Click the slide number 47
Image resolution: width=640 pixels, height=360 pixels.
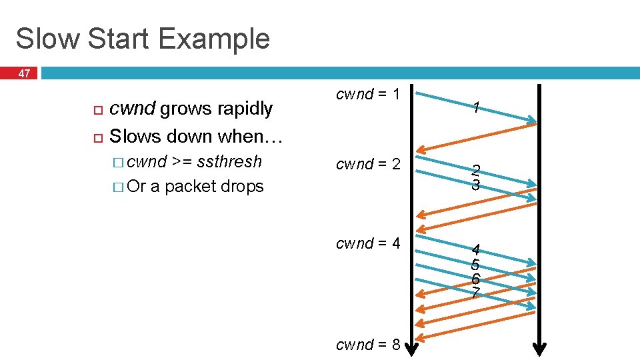coord(24,74)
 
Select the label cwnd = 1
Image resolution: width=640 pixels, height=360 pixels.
coord(368,95)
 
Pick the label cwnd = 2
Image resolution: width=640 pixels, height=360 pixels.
coord(368,164)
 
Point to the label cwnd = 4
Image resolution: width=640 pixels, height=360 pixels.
coord(368,243)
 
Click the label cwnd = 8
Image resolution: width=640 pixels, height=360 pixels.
coord(368,345)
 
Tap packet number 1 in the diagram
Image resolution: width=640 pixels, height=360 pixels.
coord(475,107)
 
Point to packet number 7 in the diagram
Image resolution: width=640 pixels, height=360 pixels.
coord(475,292)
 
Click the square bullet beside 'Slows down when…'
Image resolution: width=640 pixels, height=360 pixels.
coord(97,137)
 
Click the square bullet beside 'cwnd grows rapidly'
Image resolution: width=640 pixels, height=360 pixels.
coord(97,109)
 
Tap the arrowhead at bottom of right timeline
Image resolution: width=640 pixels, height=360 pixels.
coord(540,348)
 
